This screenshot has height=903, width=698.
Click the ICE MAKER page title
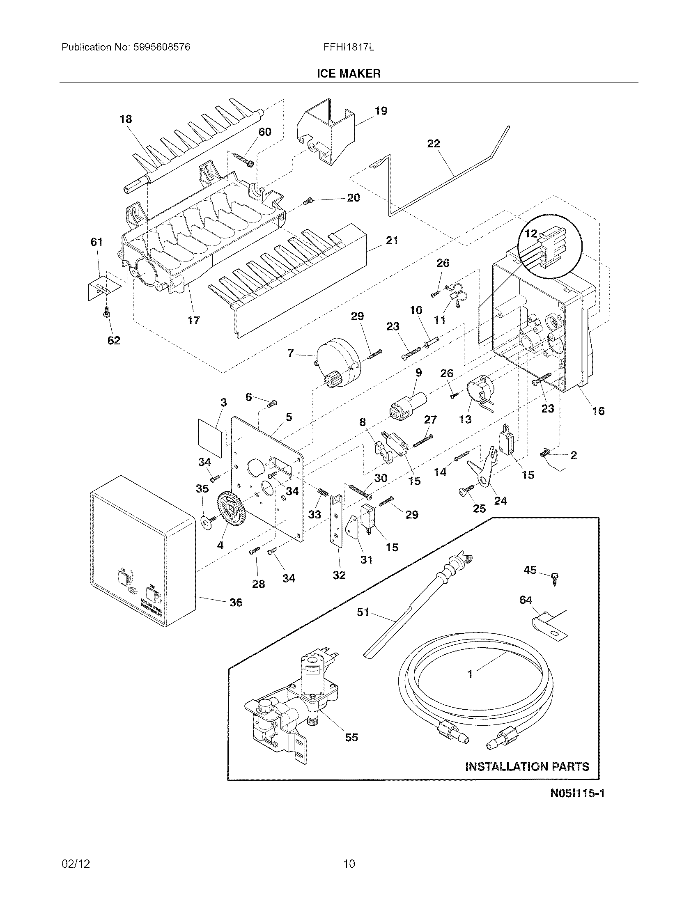click(348, 73)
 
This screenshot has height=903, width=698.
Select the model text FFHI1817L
click(349, 47)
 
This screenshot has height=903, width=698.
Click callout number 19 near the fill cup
click(381, 111)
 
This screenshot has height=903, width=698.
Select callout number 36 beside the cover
click(236, 603)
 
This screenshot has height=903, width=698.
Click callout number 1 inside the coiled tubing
click(470, 674)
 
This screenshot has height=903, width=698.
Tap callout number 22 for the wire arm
click(433, 144)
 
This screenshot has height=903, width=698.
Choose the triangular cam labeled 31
click(354, 525)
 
